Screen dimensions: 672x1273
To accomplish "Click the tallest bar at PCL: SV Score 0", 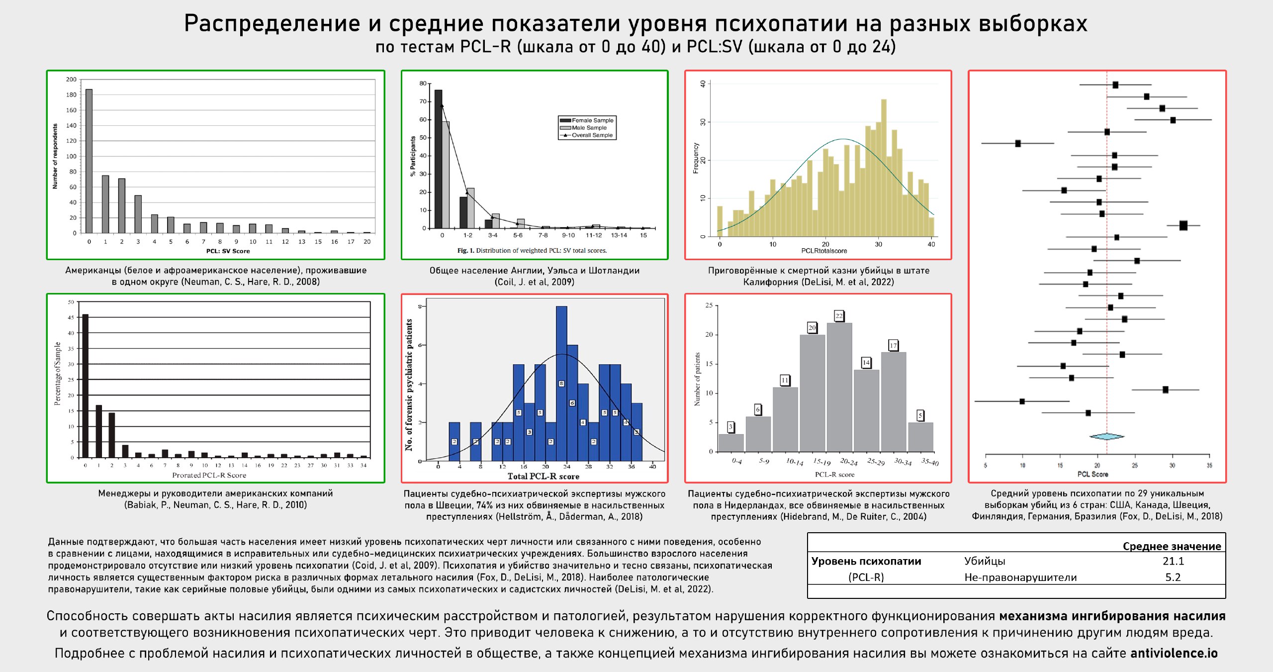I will (89, 161).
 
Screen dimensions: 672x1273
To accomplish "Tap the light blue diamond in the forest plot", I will (1106, 437).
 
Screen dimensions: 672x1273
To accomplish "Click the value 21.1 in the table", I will (1173, 561).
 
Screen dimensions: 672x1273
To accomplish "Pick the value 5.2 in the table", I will (1173, 577).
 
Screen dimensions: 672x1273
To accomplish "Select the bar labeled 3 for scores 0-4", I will (731, 443).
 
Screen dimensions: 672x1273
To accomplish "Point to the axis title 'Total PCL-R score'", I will (543, 477).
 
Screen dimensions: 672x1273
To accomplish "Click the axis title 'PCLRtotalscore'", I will (824, 251).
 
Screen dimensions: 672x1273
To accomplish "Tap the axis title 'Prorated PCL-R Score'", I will (209, 476).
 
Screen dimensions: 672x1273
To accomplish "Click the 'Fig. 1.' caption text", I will (466, 251).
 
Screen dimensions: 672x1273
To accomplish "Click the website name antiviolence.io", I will (1174, 653).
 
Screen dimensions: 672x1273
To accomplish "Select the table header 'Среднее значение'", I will (1172, 546).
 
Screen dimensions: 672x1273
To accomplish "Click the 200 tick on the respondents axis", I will (71, 80).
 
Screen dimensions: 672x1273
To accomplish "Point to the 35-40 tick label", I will (929, 462).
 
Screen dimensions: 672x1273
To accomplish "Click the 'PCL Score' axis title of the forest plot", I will (1092, 474).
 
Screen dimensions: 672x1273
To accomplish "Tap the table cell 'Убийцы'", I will (985, 561).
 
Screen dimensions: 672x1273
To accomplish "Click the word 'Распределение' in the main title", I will (272, 23).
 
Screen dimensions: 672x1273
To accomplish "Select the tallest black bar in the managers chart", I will (86, 385).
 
